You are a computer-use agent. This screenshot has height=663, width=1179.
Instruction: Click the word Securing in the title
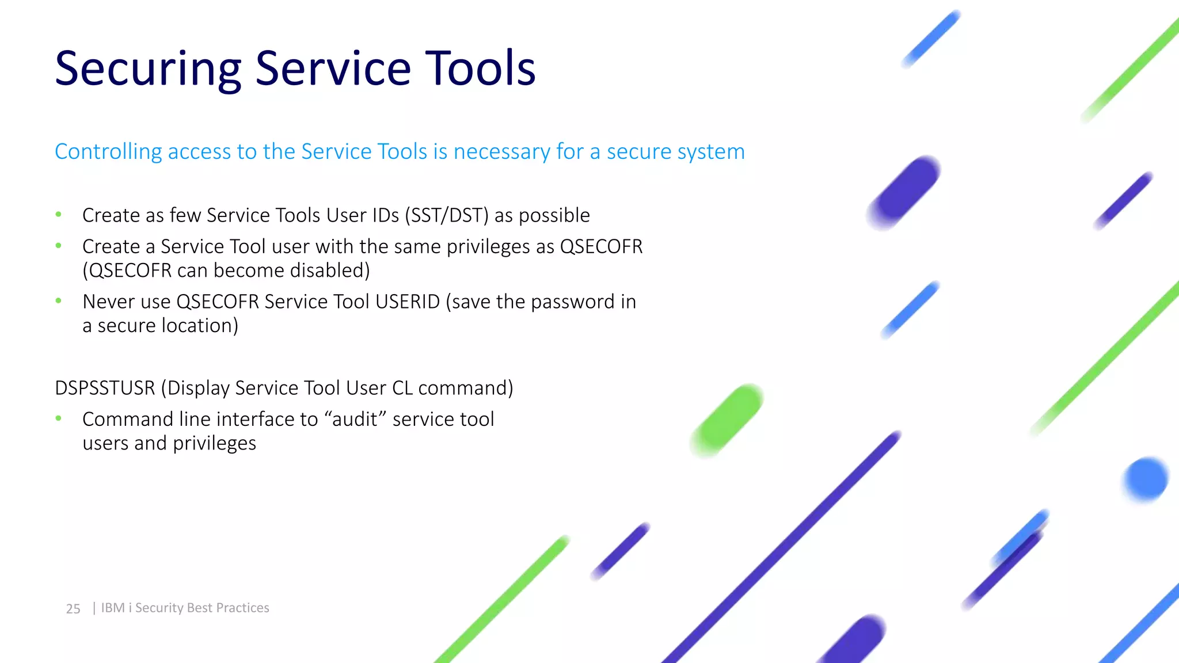click(x=147, y=69)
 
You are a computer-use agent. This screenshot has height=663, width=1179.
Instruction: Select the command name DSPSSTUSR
click(x=105, y=388)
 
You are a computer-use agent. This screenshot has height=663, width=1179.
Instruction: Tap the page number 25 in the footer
click(x=73, y=608)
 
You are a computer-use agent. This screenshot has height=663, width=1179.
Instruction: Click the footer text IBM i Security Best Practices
click(x=185, y=608)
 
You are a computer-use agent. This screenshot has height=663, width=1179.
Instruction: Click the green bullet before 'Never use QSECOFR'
click(x=58, y=300)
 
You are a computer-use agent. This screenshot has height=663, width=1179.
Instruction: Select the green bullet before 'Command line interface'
click(x=58, y=418)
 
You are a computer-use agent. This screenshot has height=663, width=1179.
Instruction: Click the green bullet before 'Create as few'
click(x=58, y=215)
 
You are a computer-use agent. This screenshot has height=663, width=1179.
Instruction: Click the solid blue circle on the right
click(x=1146, y=479)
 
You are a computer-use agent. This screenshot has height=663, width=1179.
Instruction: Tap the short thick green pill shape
click(x=727, y=421)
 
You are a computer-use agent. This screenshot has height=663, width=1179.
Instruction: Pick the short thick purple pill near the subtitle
click(x=903, y=193)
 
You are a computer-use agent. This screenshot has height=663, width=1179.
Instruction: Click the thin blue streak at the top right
click(x=930, y=39)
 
